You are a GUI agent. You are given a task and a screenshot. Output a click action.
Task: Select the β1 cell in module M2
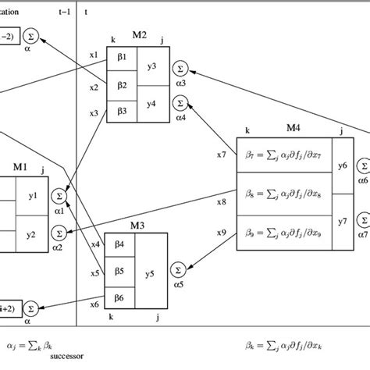(x=121, y=57)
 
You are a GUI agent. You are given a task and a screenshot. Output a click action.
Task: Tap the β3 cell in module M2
(x=121, y=112)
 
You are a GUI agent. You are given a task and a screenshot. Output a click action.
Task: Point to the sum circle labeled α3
(x=181, y=69)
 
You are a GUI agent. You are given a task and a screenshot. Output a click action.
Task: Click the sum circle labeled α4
(x=181, y=101)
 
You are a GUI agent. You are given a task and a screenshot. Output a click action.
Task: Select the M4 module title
(x=292, y=130)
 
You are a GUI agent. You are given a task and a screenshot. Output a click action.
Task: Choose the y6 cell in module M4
(x=341, y=165)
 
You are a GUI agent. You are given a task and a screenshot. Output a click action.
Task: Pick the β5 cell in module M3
(x=119, y=272)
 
